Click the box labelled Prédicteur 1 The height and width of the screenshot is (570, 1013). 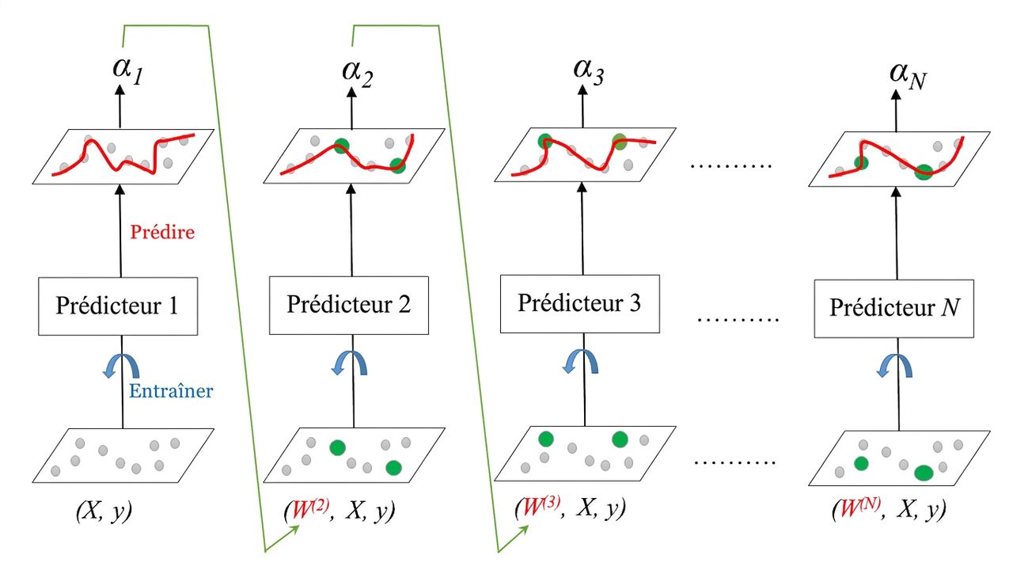pyautogui.click(x=118, y=306)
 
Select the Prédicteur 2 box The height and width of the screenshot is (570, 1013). pyautogui.click(x=349, y=306)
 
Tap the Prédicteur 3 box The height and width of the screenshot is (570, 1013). pyautogui.click(x=580, y=304)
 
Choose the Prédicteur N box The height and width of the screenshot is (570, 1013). pyautogui.click(x=894, y=309)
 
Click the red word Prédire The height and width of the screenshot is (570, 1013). pyautogui.click(x=162, y=232)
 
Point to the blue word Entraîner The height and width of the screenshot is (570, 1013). pyautogui.click(x=171, y=391)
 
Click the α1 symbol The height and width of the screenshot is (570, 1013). pyautogui.click(x=128, y=70)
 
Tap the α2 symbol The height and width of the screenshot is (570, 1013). pyautogui.click(x=358, y=73)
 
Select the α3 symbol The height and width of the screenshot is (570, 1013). pyautogui.click(x=589, y=71)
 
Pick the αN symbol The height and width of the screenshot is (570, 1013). pyautogui.click(x=908, y=76)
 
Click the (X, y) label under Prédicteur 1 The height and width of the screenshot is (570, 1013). pyautogui.click(x=104, y=511)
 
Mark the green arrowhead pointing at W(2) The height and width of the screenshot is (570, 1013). pyautogui.click(x=294, y=530)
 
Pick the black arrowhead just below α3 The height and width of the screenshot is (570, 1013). pyautogui.click(x=583, y=89)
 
